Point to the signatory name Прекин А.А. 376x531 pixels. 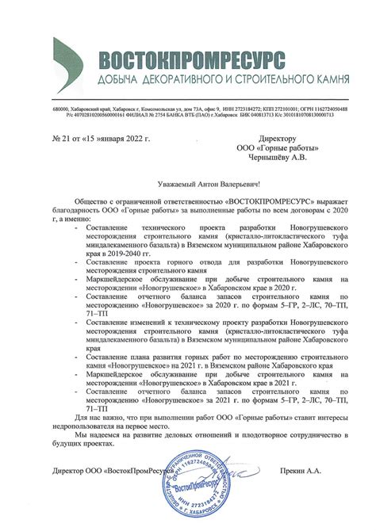pyautogui.click(x=301, y=470)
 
